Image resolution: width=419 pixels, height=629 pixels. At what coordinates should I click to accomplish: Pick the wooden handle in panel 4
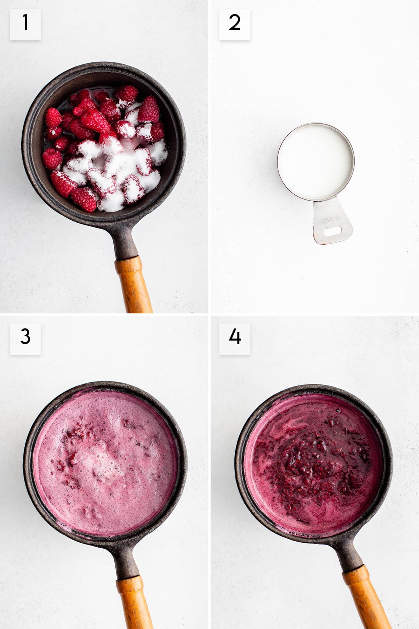367,598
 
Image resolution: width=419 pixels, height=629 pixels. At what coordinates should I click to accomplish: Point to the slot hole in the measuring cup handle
332,231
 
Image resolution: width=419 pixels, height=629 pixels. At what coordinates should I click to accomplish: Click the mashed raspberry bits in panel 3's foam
75,435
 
